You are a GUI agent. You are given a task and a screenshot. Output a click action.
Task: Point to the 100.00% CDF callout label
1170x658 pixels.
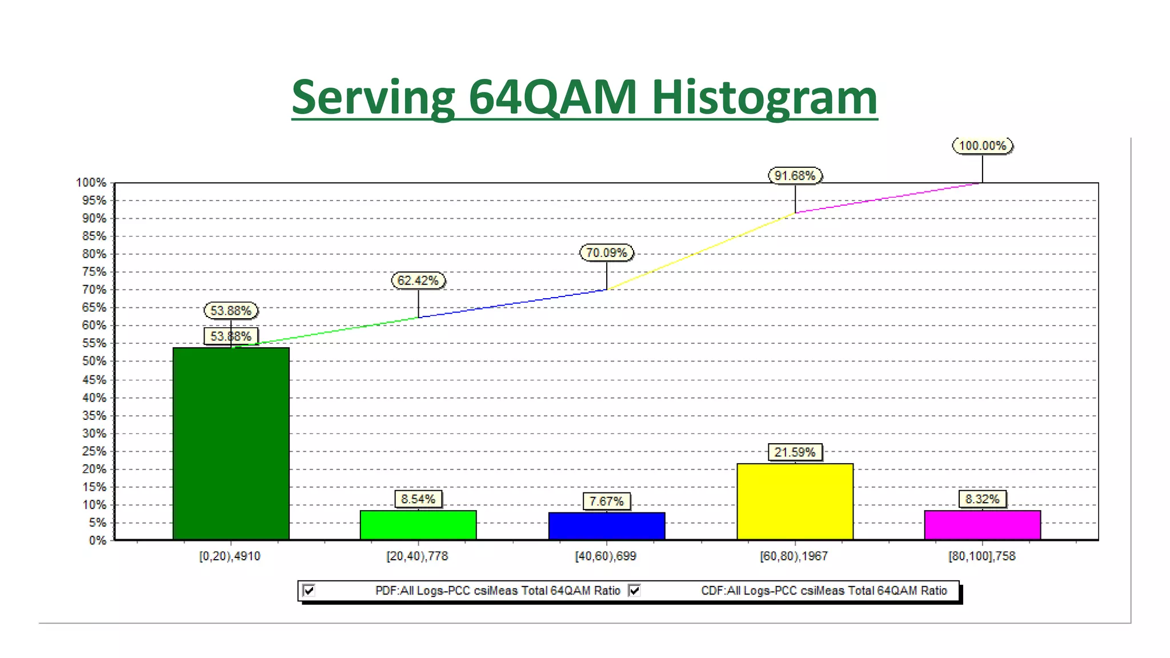click(982, 146)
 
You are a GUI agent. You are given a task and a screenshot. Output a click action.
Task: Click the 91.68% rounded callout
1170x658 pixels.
click(795, 176)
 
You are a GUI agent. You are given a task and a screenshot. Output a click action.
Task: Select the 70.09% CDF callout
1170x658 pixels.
click(606, 252)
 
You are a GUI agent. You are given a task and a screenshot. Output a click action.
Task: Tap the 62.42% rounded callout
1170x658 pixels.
click(418, 280)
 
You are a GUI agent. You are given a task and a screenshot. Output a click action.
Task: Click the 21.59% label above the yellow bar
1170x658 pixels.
click(795, 452)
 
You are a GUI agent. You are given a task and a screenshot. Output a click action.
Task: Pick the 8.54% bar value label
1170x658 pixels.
click(418, 499)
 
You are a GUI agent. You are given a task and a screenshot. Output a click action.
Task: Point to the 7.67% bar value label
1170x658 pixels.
click(606, 501)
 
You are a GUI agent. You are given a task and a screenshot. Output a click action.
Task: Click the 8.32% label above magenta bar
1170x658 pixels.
click(982, 499)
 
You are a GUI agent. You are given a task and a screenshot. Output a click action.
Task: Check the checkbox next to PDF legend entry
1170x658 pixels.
click(309, 590)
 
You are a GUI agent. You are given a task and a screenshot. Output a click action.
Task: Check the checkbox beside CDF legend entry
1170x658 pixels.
click(634, 590)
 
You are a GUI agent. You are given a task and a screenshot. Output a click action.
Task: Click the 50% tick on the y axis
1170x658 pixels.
click(94, 361)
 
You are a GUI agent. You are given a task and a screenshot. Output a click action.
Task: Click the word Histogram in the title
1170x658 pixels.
click(764, 97)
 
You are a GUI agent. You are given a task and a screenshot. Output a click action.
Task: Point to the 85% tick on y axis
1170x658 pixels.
click(94, 236)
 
